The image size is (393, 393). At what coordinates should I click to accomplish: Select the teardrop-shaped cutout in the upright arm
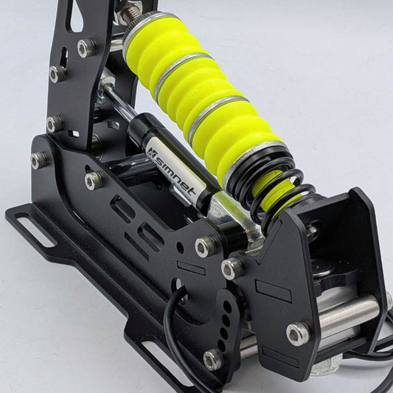pyautogui.click(x=76, y=15)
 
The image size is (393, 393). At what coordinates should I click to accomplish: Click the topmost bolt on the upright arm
pyautogui.click(x=86, y=48)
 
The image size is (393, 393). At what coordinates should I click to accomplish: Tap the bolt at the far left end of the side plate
pyautogui.click(x=39, y=161)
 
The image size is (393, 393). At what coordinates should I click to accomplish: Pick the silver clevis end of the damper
pyautogui.click(x=233, y=218)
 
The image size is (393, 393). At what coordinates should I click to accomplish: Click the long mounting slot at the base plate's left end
pyautogui.click(x=35, y=229)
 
